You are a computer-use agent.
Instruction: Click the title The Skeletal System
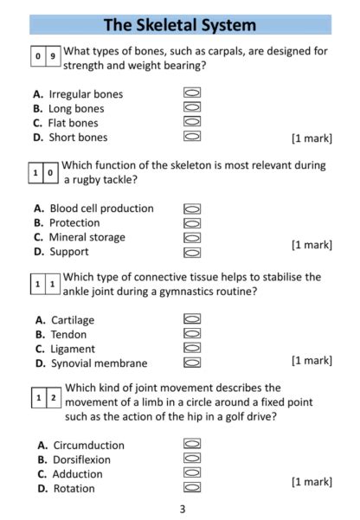point(180,25)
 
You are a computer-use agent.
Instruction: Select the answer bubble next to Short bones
point(192,136)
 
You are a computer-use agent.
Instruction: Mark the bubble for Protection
point(192,222)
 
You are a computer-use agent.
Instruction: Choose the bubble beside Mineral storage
point(192,237)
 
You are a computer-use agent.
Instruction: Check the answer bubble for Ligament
point(192,348)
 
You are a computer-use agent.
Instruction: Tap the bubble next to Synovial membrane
point(192,363)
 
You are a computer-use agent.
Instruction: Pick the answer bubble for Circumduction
point(192,445)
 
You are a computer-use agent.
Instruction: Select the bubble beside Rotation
point(192,488)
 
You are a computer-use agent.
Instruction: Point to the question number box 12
point(47,397)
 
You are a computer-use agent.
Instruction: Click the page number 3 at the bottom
point(182,509)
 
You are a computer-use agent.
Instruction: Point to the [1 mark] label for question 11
point(312,360)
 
